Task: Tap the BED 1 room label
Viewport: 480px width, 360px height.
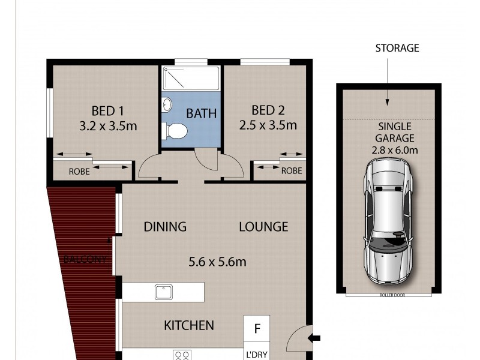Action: tap(107, 111)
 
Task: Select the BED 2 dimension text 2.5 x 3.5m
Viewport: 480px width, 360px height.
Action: tap(268, 125)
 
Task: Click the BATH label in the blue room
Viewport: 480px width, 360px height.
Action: tap(201, 113)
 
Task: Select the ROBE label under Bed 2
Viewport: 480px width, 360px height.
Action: tap(292, 170)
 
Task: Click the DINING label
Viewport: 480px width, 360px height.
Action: tap(165, 227)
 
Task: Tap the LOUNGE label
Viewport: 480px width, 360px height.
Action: tap(264, 227)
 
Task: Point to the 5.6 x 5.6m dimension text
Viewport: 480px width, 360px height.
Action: tap(218, 262)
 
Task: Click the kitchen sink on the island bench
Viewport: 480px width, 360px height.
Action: tap(163, 292)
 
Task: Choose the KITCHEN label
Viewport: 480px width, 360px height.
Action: tap(189, 326)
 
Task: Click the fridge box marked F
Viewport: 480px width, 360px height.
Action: tap(257, 329)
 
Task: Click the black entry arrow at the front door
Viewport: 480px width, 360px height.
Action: tap(314, 338)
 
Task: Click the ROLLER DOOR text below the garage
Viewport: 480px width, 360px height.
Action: tap(389, 296)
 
